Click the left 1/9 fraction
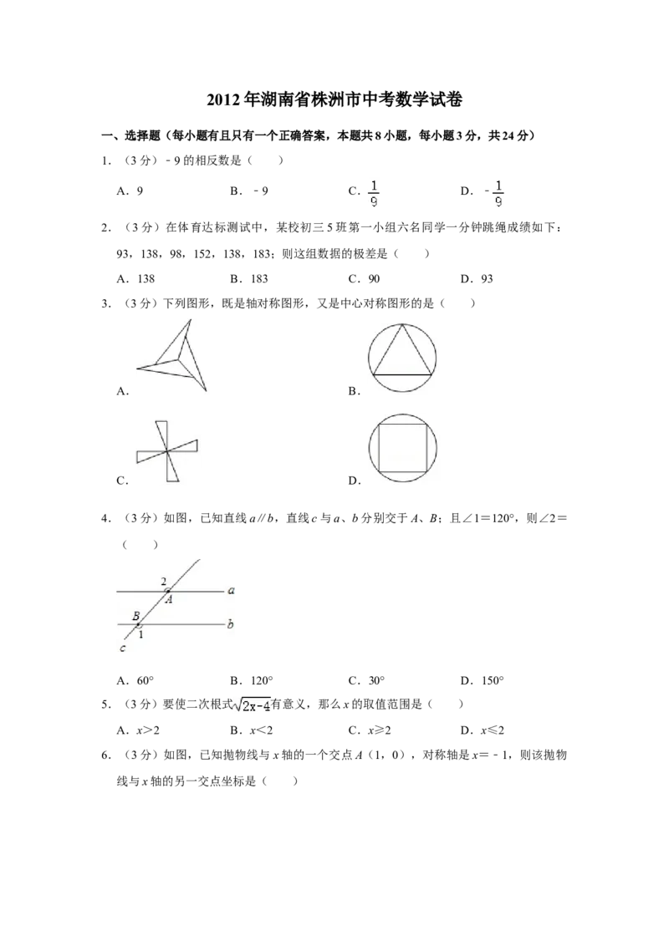(371, 194)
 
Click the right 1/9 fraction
(498, 194)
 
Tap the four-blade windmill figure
(170, 451)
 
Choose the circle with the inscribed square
(404, 448)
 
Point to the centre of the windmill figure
(167, 451)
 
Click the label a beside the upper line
(230, 590)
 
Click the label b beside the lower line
(230, 623)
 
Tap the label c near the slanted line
(123, 648)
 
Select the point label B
(135, 616)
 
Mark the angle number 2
(163, 581)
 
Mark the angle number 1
(141, 634)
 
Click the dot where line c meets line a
(169, 590)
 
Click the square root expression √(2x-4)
(252, 706)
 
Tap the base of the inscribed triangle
(402, 375)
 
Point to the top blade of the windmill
(161, 433)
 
